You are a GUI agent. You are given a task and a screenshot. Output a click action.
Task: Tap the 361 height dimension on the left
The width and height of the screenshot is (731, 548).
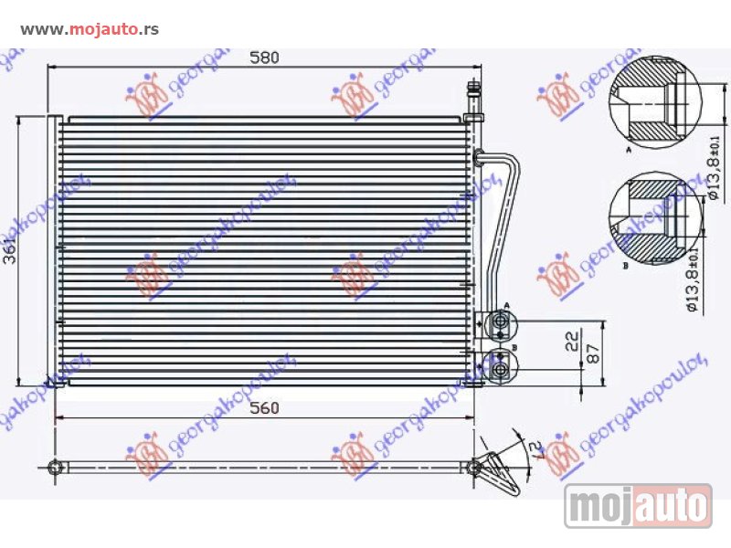pyautogui.click(x=9, y=249)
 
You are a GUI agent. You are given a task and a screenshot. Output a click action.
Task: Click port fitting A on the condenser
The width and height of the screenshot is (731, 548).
pyautogui.click(x=499, y=322)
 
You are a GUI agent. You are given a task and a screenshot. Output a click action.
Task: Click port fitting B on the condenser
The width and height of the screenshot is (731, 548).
pyautogui.click(x=499, y=368)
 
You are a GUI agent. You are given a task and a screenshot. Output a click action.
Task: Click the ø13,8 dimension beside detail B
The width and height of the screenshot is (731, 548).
pyautogui.click(x=694, y=279)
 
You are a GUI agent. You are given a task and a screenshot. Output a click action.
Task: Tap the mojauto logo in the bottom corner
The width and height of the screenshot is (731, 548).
pyautogui.click(x=638, y=505)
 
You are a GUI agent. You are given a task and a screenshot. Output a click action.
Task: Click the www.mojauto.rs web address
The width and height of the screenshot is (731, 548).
pyautogui.click(x=90, y=29)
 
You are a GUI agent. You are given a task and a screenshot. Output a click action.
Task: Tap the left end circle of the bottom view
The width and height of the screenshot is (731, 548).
pyautogui.click(x=58, y=467)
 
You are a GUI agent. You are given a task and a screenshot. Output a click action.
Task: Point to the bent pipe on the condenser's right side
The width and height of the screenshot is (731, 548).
pyautogui.click(x=501, y=219)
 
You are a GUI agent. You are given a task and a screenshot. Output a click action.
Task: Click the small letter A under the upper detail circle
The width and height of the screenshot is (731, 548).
pyautogui.click(x=629, y=147)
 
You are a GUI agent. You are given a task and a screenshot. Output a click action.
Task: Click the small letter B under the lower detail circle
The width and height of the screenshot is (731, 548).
pyautogui.click(x=624, y=267)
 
